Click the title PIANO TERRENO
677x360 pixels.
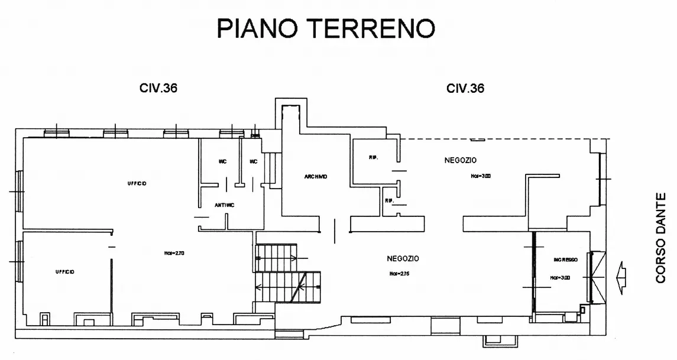tap(326, 28)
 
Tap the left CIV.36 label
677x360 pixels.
tap(158, 88)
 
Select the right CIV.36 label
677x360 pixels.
tap(465, 88)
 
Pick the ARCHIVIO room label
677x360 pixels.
tap(316, 177)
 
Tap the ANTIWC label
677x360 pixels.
tap(224, 205)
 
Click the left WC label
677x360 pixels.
tap(222, 161)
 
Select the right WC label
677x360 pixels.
tap(253, 161)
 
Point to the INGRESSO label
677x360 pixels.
tap(565, 260)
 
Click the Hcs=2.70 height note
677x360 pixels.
tap(174, 253)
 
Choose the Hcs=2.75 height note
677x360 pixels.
tap(400, 274)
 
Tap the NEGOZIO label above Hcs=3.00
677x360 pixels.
tap(461, 160)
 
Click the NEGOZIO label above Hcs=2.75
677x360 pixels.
tap(403, 258)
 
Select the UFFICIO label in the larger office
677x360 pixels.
tap(137, 183)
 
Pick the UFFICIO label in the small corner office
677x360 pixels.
tap(64, 272)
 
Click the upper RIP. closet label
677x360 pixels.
tap(373, 158)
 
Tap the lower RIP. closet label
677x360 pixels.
tap(390, 200)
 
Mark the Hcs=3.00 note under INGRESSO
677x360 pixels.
tap(560, 277)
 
